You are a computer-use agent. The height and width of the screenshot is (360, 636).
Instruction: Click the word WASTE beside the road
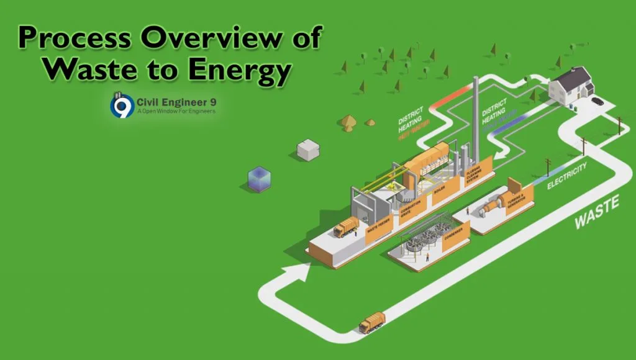point(596,211)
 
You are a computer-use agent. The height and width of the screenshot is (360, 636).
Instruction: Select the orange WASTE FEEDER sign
point(379,234)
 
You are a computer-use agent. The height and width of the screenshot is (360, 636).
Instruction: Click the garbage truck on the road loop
point(372,322)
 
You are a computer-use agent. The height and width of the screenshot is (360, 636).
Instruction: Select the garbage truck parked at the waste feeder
point(346,227)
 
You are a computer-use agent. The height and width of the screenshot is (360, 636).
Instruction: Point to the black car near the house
point(597,101)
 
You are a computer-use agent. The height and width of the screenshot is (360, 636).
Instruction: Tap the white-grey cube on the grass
point(307,150)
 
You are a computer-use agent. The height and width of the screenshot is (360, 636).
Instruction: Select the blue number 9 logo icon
point(122,105)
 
